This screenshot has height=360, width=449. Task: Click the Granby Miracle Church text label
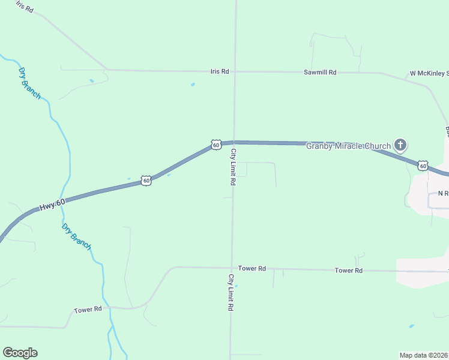pyautogui.click(x=349, y=146)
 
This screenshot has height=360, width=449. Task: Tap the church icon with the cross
pyautogui.click(x=400, y=145)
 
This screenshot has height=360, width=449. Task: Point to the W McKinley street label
pyautogui.click(x=429, y=74)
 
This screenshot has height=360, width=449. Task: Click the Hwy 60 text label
pyautogui.click(x=52, y=205)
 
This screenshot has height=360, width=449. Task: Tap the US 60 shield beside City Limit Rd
pyautogui.click(x=216, y=145)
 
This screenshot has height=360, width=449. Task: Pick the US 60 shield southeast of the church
pyautogui.click(x=423, y=165)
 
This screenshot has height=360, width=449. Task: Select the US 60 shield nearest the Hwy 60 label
pyautogui.click(x=146, y=180)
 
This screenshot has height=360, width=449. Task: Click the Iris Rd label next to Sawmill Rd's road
pyautogui.click(x=220, y=71)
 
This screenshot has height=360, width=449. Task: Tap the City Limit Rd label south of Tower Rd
pyautogui.click(x=230, y=292)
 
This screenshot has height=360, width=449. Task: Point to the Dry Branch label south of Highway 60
pyautogui.click(x=77, y=236)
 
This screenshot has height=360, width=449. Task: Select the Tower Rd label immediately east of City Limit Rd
pyautogui.click(x=252, y=268)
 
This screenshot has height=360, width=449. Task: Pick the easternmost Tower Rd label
pyautogui.click(x=349, y=271)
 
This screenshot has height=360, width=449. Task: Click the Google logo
pyautogui.click(x=20, y=353)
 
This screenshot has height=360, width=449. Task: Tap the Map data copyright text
pyautogui.click(x=424, y=355)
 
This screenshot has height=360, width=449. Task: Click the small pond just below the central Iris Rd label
pyautogui.click(x=193, y=84)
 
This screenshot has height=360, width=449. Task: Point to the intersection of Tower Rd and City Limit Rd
pyautogui.click(x=232, y=268)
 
